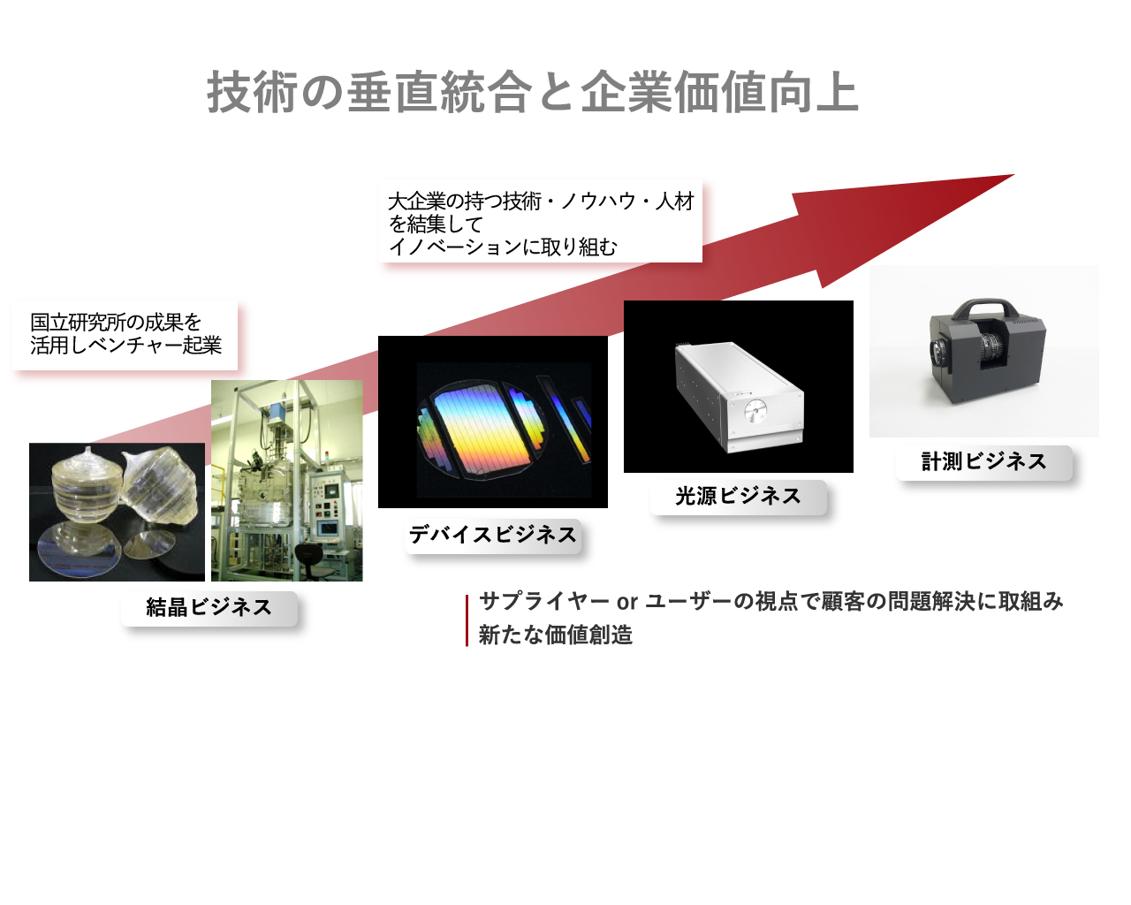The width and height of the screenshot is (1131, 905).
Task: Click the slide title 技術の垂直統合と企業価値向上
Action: pos(533,92)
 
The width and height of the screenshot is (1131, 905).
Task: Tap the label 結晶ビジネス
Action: pos(209,608)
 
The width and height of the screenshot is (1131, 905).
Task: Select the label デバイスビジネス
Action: pos(493,536)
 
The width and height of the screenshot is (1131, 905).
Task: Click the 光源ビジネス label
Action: pos(739,497)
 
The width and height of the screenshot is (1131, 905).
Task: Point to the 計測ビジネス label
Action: pos(983,462)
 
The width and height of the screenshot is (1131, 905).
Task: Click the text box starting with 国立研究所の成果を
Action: pos(125,334)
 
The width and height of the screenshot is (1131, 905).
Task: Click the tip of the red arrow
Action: pos(1013,175)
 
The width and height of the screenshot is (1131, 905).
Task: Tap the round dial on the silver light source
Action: pos(755,411)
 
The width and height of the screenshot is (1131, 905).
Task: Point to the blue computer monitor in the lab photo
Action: pos(330,528)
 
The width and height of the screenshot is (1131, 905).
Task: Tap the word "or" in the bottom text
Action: pos(627,602)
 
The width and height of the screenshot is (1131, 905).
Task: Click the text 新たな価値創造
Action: pos(555,635)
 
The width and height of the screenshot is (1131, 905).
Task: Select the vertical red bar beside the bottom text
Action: pos(467,620)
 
